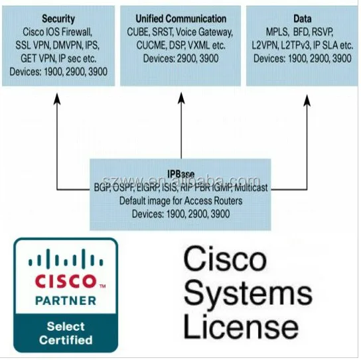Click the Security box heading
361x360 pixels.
[58, 19]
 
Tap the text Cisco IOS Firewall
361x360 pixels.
[58, 31]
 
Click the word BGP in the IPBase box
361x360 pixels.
[104, 188]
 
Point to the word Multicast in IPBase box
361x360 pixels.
[249, 188]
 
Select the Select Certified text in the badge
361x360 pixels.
[66, 333]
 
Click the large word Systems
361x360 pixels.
[247, 292]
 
